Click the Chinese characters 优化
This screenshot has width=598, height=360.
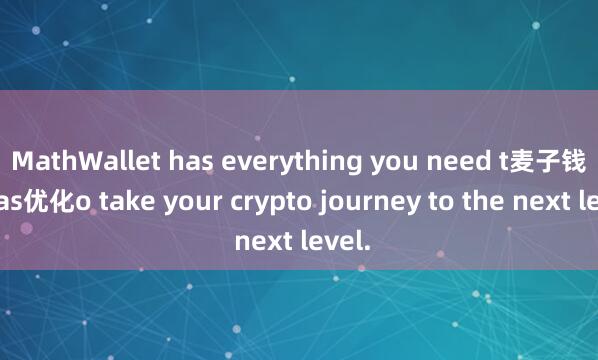point(51,203)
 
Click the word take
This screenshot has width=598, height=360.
point(117,203)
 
